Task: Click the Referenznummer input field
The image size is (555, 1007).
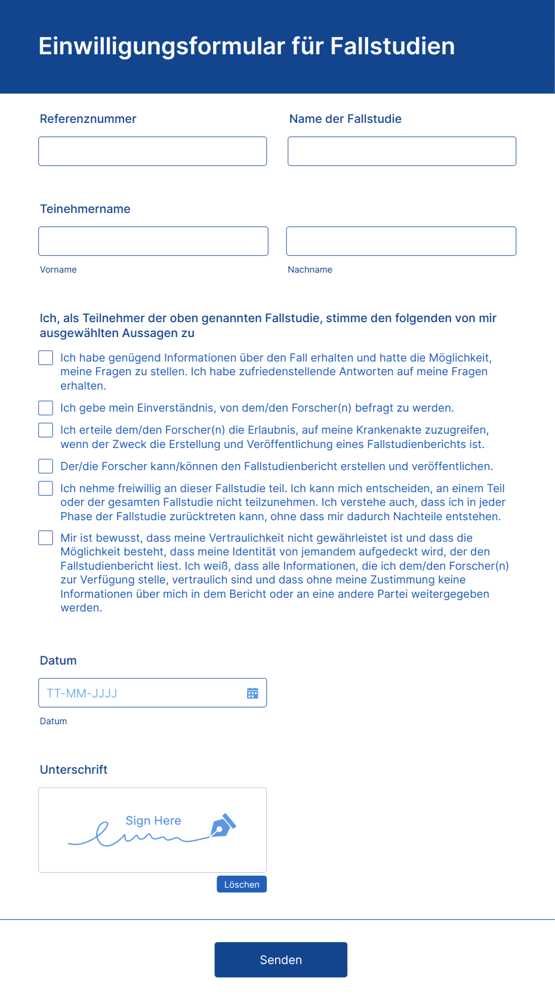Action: pos(152,152)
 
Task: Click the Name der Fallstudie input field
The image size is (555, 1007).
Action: pos(402,152)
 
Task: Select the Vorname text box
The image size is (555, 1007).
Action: pos(153,241)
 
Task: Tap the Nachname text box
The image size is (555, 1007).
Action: pos(401,241)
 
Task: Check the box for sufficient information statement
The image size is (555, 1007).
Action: pos(46,358)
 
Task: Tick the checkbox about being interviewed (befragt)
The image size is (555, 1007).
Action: pos(46,408)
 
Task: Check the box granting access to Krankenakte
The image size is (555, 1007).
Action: pos(46,430)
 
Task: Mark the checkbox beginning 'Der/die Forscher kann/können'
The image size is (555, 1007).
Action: pos(46,467)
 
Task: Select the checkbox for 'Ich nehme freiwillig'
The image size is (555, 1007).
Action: pos(46,489)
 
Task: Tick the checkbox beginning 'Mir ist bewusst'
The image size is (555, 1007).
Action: pos(46,538)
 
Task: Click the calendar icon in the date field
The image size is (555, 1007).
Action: pos(252,693)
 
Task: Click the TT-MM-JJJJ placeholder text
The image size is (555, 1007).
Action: pos(82,693)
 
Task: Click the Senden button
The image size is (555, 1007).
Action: pos(280,960)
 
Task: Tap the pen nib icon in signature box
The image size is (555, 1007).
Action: pos(223,826)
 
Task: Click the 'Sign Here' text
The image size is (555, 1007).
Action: pos(153,821)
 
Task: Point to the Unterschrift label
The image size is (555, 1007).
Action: pos(73,770)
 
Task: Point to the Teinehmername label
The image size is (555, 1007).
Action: pos(85,209)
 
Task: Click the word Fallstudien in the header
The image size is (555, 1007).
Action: pos(392,47)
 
